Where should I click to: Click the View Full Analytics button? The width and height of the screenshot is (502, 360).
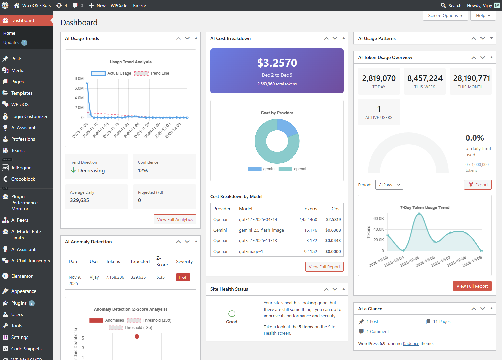click(175, 219)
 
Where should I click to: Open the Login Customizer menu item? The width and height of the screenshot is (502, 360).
click(29, 116)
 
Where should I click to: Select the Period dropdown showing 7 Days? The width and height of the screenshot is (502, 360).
click(389, 185)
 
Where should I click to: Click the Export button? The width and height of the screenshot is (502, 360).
click(477, 185)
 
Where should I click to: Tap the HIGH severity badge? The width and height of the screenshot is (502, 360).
click(183, 277)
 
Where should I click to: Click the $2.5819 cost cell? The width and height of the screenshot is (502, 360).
click(333, 220)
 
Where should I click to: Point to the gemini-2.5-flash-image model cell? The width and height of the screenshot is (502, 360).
click(261, 230)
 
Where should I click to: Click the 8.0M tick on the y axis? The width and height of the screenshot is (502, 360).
click(79, 79)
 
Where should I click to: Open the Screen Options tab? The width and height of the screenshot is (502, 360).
click(445, 16)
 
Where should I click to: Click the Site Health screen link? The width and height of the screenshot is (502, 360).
click(277, 333)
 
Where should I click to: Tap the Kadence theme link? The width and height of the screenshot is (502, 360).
click(411, 344)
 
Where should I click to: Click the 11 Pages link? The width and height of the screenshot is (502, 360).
click(442, 322)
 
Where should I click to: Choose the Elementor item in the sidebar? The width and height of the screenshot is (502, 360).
click(22, 276)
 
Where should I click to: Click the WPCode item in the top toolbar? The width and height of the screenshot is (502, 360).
click(119, 5)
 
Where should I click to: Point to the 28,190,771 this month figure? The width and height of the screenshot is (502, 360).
click(471, 78)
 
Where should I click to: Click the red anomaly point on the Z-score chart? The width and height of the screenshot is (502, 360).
click(137, 336)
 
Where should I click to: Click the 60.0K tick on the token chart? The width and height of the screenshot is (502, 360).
click(378, 219)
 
